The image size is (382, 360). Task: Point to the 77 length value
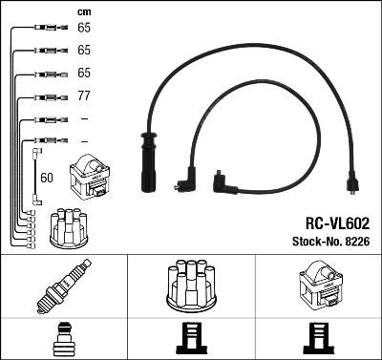[x=84, y=95]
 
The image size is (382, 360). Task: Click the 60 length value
[x=48, y=177]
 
